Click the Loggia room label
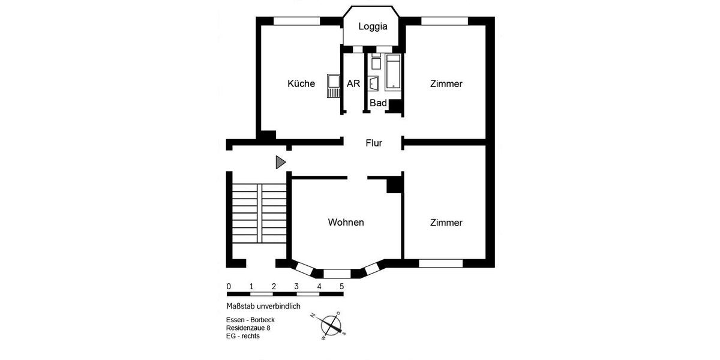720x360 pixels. pyautogui.click(x=373, y=26)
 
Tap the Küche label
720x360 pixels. pyautogui.click(x=301, y=84)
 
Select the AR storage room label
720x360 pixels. pyautogui.click(x=353, y=84)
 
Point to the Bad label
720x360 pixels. pyautogui.click(x=378, y=103)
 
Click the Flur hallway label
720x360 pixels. pyautogui.click(x=374, y=143)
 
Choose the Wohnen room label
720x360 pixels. pyautogui.click(x=346, y=223)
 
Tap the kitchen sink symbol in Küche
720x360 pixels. pyautogui.click(x=334, y=85)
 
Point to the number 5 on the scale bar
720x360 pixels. pyautogui.click(x=342, y=286)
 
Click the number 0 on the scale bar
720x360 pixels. pyautogui.click(x=229, y=286)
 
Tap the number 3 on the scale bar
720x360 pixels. pyautogui.click(x=296, y=286)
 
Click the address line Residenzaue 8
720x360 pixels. pyautogui.click(x=248, y=328)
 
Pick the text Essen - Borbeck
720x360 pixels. pyautogui.click(x=250, y=320)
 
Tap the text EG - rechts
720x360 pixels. pyautogui.click(x=243, y=337)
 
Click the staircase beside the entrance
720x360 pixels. pyautogui.click(x=259, y=213)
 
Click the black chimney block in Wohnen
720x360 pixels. pyautogui.click(x=394, y=185)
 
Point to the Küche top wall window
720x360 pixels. pyautogui.click(x=296, y=21)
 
